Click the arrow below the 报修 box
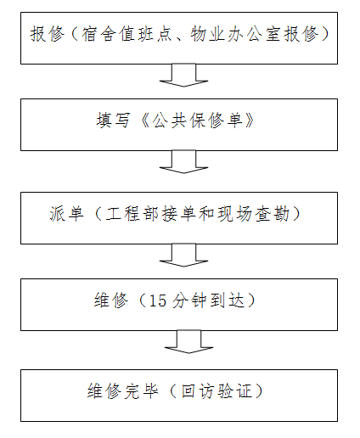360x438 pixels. tap(183, 76)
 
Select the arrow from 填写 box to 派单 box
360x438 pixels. tap(183, 162)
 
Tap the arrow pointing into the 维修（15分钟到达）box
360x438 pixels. tap(183, 255)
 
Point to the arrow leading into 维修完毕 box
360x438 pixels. tap(188, 342)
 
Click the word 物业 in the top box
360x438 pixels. tap(207, 34)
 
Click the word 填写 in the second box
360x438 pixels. tap(113, 121)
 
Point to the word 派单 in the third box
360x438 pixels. tap(66, 214)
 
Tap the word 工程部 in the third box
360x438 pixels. tap(132, 214)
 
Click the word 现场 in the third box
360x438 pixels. tap(234, 214)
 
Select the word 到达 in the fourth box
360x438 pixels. tap(227, 300)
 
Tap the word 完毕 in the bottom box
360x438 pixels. tap(141, 391)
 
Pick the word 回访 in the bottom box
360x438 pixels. tap(198, 391)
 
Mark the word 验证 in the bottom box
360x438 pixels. tap(234, 391)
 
